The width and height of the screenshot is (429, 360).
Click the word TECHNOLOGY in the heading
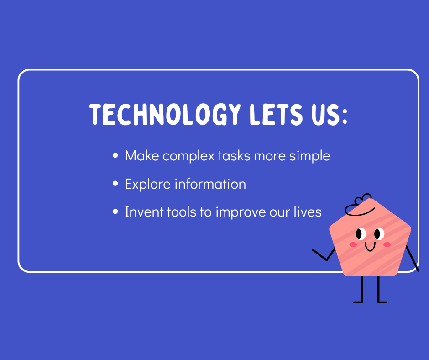[165, 115]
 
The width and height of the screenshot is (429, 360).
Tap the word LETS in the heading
[276, 115]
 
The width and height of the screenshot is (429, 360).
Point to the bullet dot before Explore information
[115, 184]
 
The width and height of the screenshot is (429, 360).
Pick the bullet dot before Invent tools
[115, 212]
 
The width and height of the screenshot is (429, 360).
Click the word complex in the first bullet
[188, 156]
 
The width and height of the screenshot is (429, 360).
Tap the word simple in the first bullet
[310, 156]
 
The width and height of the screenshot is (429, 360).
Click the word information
[210, 184]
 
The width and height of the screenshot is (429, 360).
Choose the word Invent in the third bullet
[144, 212]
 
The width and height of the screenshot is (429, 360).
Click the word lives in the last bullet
[308, 212]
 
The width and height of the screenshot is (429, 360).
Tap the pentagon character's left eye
[361, 234]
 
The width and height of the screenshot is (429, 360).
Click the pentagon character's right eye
[379, 234]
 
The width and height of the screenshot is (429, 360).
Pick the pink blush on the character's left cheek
[353, 244]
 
